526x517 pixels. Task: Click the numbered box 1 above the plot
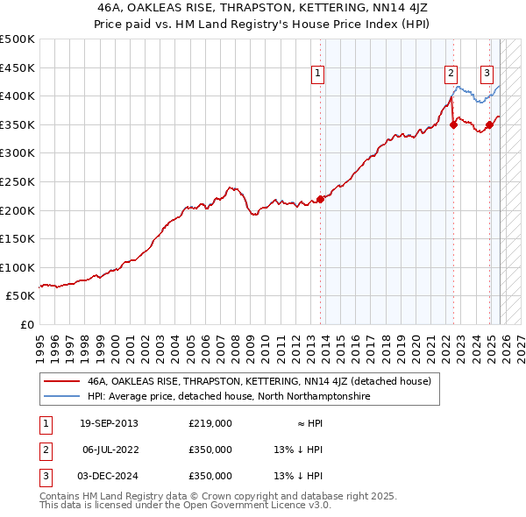[316, 74]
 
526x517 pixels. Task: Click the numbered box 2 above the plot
[450, 74]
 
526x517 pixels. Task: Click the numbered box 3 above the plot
[487, 74]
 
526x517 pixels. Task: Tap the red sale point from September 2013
[321, 199]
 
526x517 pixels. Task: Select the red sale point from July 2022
[453, 124]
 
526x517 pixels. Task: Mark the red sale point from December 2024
[489, 124]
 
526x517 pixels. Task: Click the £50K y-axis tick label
[21, 296]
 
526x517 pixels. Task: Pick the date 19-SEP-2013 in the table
[109, 423]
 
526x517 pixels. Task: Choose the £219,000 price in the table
[210, 423]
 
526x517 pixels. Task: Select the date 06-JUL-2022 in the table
[109, 450]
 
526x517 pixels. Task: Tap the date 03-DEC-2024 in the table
[109, 476]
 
